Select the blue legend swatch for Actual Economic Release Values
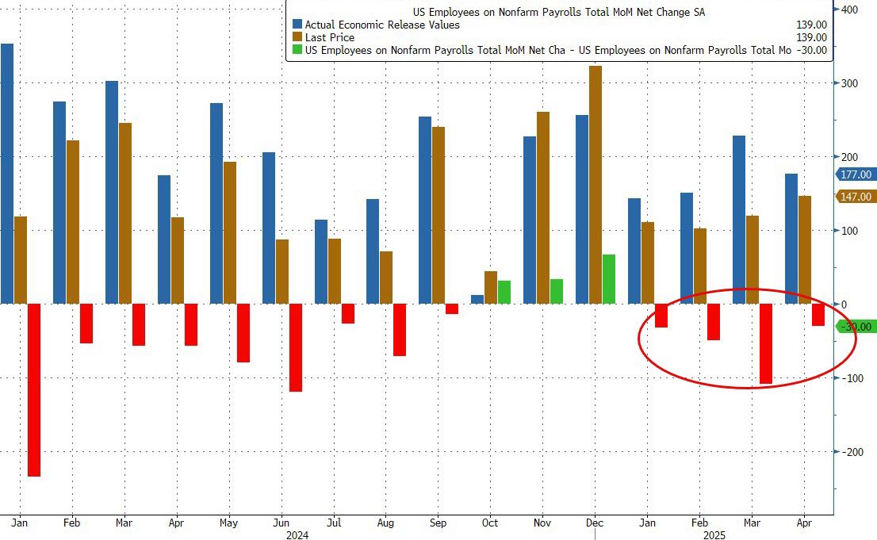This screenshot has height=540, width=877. coord(297,25)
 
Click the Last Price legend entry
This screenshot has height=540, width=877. coord(329,37)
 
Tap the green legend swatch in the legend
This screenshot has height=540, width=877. coord(297,50)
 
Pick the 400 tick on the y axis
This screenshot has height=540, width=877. coord(848,10)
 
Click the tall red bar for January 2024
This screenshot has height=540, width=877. coord(34,389)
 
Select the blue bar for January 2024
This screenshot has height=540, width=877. coord(7,174)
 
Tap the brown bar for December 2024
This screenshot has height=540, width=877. coord(596,185)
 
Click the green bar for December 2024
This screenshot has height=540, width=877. coord(609,279)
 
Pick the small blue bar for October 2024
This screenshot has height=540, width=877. coord(477,299)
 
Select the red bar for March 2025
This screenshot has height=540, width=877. coord(766,343)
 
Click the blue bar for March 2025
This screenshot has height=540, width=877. coord(739,220)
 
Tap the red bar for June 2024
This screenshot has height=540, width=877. coord(295,347)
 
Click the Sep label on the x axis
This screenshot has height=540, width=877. coord(438,523)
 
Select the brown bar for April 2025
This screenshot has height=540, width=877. coord(805,250)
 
